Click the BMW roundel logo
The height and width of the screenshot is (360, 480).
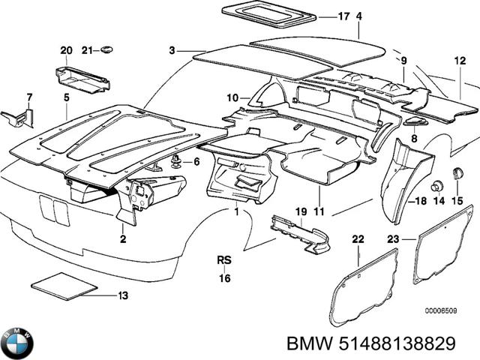tap(16, 343)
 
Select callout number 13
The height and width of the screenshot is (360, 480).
tap(124, 295)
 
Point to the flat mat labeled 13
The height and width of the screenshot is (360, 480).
tap(65, 285)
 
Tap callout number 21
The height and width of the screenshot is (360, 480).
tap(87, 50)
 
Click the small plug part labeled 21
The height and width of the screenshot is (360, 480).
tap(108, 49)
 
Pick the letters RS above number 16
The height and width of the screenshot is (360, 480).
tap(224, 260)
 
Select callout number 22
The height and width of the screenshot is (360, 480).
tap(358, 239)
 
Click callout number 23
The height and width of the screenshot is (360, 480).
tap(393, 239)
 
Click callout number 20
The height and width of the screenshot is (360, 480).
tap(67, 50)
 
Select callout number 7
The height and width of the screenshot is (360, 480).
tap(29, 97)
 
